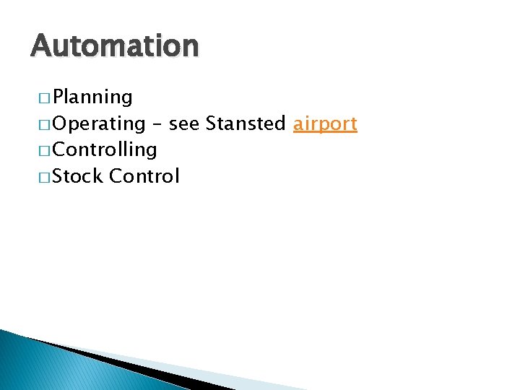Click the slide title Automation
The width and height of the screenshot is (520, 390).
tap(114, 46)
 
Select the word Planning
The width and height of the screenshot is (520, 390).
tap(92, 97)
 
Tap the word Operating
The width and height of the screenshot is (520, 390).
tap(98, 124)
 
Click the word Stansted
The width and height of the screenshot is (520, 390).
tap(246, 124)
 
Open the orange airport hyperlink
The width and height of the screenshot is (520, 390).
tap(325, 124)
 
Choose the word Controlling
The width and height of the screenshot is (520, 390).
tap(105, 150)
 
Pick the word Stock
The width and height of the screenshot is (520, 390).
tap(78, 176)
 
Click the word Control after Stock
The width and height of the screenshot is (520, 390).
tap(144, 176)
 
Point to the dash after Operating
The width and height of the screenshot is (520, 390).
tap(157, 125)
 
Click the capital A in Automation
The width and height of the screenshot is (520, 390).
tap(41, 46)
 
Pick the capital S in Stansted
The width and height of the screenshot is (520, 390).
tap(212, 124)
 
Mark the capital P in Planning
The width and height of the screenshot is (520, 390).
tap(58, 97)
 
